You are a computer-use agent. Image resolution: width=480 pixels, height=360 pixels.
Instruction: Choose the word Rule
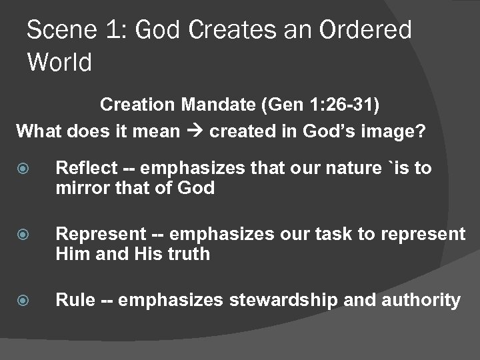(71, 300)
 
